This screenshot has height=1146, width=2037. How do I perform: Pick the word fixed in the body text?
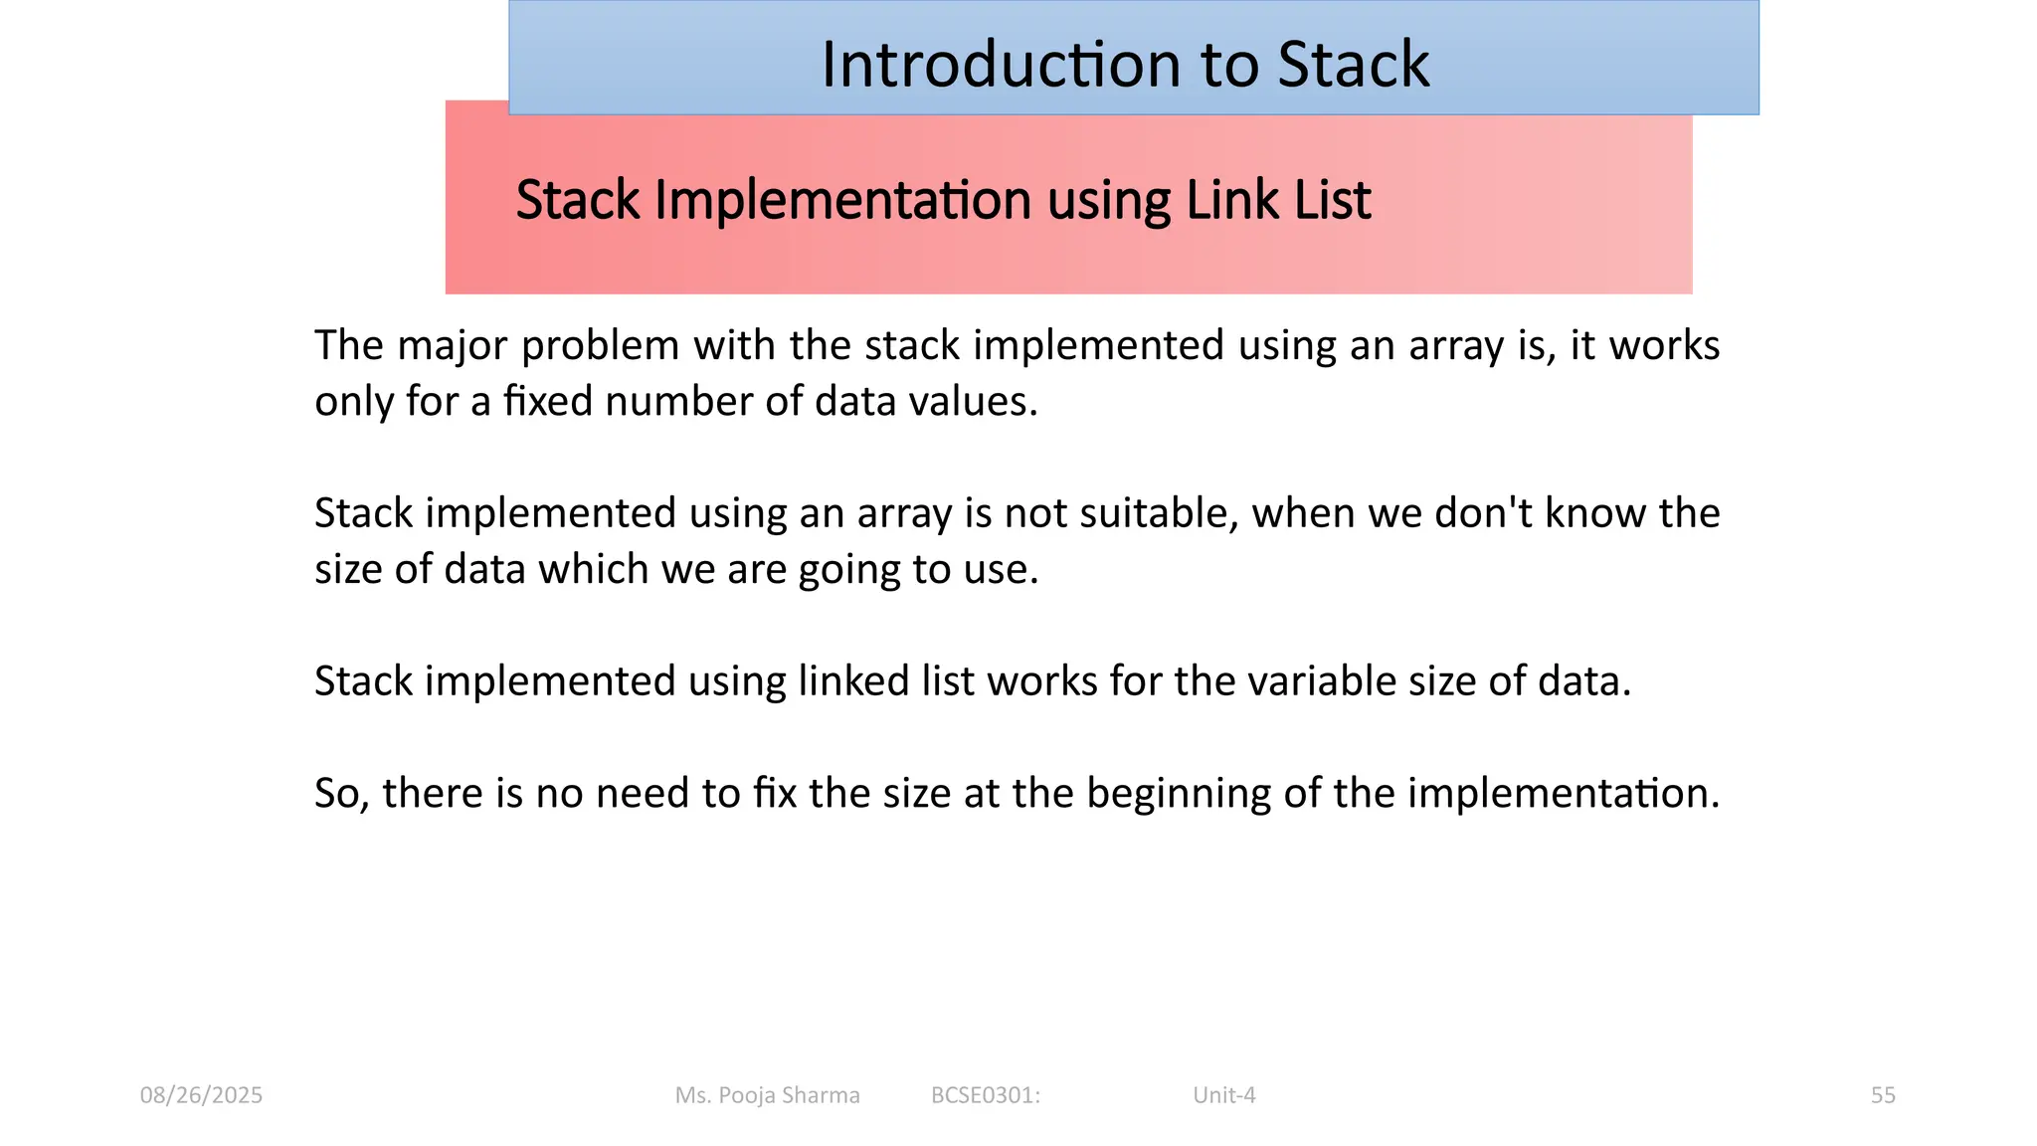tap(548, 401)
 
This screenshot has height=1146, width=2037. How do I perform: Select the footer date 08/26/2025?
tap(201, 1095)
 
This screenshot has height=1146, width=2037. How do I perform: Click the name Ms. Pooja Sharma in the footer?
tap(767, 1095)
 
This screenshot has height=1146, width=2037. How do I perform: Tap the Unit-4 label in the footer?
tap(1223, 1095)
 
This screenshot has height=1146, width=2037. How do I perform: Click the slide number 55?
tap(1882, 1095)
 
